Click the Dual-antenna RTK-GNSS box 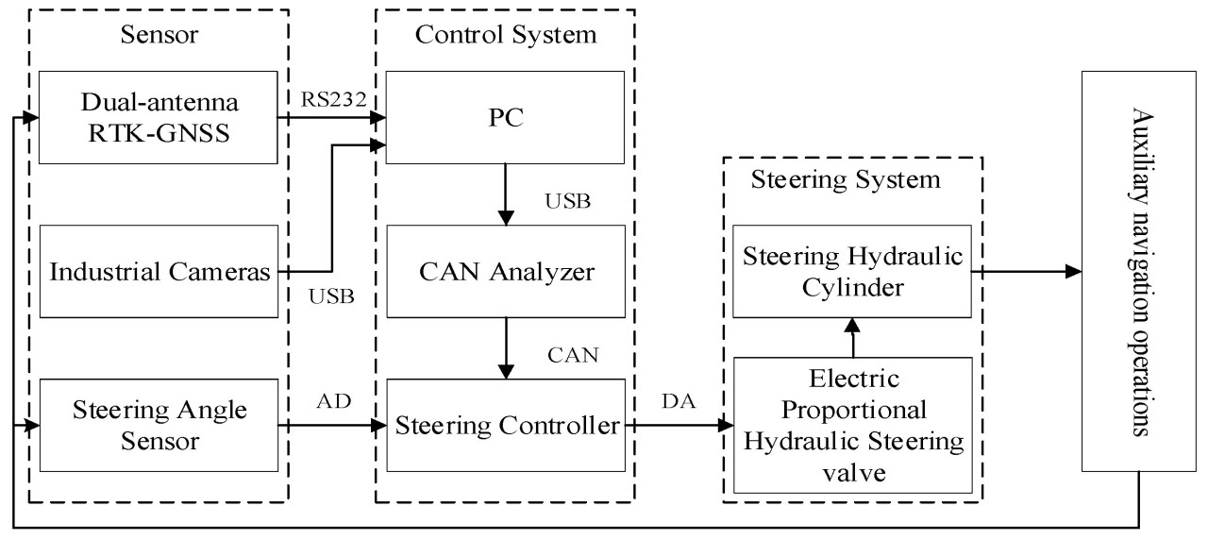158,118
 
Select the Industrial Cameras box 158,272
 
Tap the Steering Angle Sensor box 158,426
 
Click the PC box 506,118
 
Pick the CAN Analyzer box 506,272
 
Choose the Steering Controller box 506,426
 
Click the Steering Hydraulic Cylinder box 852,272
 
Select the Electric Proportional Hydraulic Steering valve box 852,425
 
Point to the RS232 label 325,99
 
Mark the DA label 678,403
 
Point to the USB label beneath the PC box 568,202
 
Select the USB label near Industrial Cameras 331,297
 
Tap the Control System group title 506,36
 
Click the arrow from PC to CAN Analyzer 508,194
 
